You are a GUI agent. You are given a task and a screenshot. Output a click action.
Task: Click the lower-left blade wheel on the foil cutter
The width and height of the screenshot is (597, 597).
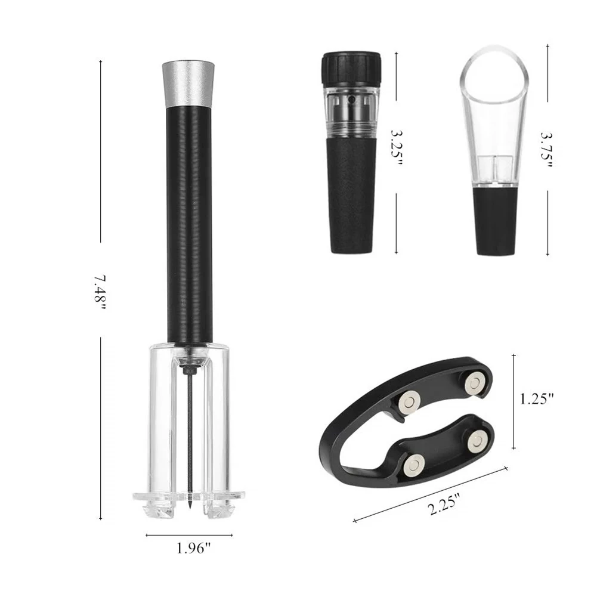pos(414,465)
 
